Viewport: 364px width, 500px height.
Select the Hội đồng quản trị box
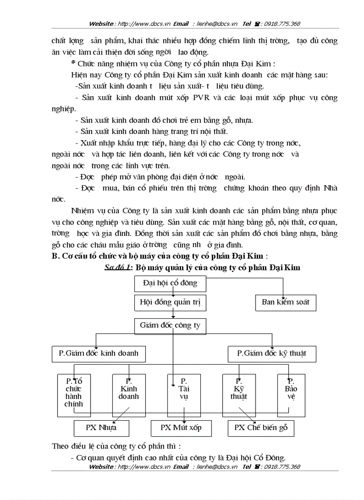tap(170, 302)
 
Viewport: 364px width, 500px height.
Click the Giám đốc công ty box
tap(170, 325)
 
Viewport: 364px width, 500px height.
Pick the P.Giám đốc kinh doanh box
tap(99, 354)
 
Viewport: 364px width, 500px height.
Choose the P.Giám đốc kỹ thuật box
tap(272, 354)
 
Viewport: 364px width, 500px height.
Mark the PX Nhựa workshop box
tap(101, 428)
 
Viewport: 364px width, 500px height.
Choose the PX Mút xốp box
tap(181, 428)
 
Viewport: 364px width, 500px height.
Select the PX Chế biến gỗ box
tap(261, 428)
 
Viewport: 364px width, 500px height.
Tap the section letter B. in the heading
tap(56, 256)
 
